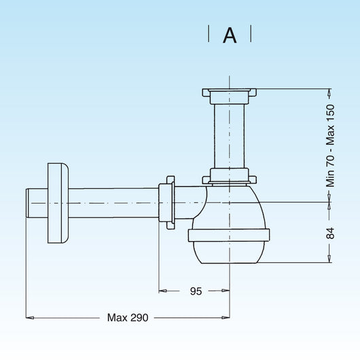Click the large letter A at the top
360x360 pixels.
click(x=230, y=35)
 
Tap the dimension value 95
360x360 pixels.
click(x=196, y=291)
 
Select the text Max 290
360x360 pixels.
click(x=128, y=317)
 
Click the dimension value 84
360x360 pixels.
click(x=330, y=233)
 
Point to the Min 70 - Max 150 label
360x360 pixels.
click(x=330, y=145)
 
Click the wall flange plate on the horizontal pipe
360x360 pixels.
click(x=58, y=203)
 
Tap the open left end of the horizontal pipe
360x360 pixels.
click(x=27, y=203)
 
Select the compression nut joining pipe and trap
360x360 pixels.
click(x=166, y=202)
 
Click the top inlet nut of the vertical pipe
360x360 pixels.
click(x=230, y=96)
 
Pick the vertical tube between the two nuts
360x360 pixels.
click(x=230, y=136)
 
